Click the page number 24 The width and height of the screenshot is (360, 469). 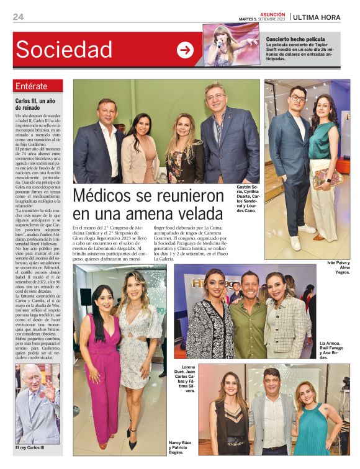point(18,17)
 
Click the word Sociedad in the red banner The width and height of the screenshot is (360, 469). point(64,50)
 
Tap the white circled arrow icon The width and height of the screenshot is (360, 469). point(185,50)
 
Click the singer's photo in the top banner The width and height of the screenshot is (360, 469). point(231,45)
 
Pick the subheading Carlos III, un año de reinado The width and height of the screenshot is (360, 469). point(35,104)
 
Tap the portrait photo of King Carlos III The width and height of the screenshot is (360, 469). point(37,403)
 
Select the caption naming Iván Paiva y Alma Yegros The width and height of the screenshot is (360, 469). point(339,267)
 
